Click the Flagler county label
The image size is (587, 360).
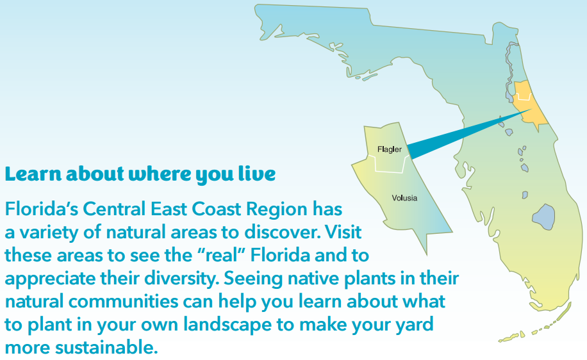[x=390, y=150]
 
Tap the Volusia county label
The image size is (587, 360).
[x=404, y=198]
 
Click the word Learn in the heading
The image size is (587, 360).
[x=33, y=174]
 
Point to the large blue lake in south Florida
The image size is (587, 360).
[x=543, y=217]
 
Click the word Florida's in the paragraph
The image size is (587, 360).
[x=41, y=209]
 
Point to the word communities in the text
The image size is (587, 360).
[x=123, y=302]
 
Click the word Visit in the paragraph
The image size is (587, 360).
[x=343, y=232]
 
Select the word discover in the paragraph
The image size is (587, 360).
[x=283, y=232]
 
